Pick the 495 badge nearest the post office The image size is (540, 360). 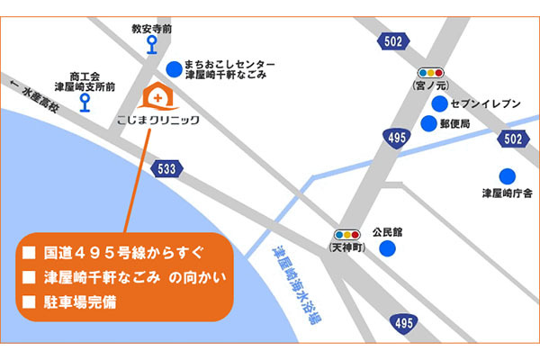(x=396, y=138)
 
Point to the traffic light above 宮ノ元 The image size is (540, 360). (x=431, y=72)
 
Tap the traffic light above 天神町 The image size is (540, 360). (x=346, y=231)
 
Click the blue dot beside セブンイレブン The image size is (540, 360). (x=439, y=103)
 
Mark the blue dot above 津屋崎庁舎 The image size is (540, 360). (x=507, y=175)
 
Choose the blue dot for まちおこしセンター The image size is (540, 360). (x=173, y=68)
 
